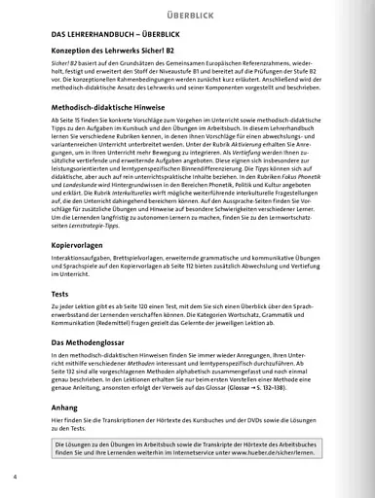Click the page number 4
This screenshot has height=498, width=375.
point(16,478)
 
